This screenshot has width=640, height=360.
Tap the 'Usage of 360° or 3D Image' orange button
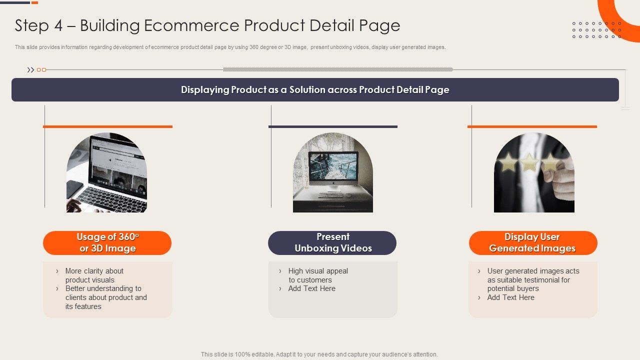point(107,243)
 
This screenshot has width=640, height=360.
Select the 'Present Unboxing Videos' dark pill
point(332,243)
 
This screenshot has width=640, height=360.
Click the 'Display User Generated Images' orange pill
point(532,243)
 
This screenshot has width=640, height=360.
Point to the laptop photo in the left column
point(107,172)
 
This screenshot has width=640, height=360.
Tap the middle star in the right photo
point(529,162)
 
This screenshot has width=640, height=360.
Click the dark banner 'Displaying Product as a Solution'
point(315,90)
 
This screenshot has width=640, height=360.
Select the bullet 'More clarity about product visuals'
point(94,275)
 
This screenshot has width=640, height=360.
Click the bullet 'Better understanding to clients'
point(105,297)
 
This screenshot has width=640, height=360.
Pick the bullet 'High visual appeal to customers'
point(317,275)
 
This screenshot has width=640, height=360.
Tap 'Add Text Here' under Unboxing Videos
point(311,288)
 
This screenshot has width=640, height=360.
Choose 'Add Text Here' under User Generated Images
point(510,297)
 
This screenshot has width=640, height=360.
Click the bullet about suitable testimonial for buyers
point(532,279)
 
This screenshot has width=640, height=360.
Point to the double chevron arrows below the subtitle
point(31,70)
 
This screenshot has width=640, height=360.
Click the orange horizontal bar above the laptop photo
point(107,126)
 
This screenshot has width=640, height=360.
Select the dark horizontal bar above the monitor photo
point(332,126)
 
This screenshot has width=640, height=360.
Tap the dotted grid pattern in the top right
point(596,30)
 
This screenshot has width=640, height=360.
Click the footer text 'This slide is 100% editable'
point(319,354)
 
